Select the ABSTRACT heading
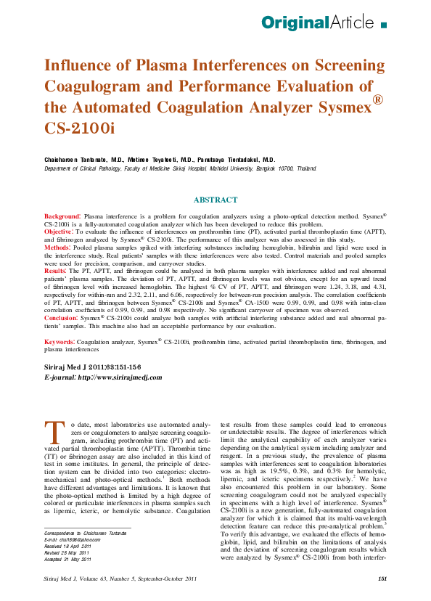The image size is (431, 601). [x=215, y=200]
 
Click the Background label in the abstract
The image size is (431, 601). [x=62, y=217]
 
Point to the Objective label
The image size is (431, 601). [x=60, y=232]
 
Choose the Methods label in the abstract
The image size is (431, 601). [x=58, y=247]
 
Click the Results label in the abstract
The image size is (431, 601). [x=57, y=269]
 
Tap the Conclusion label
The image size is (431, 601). [x=62, y=317]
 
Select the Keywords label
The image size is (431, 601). [x=59, y=340]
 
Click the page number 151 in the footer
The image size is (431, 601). [x=382, y=578]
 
